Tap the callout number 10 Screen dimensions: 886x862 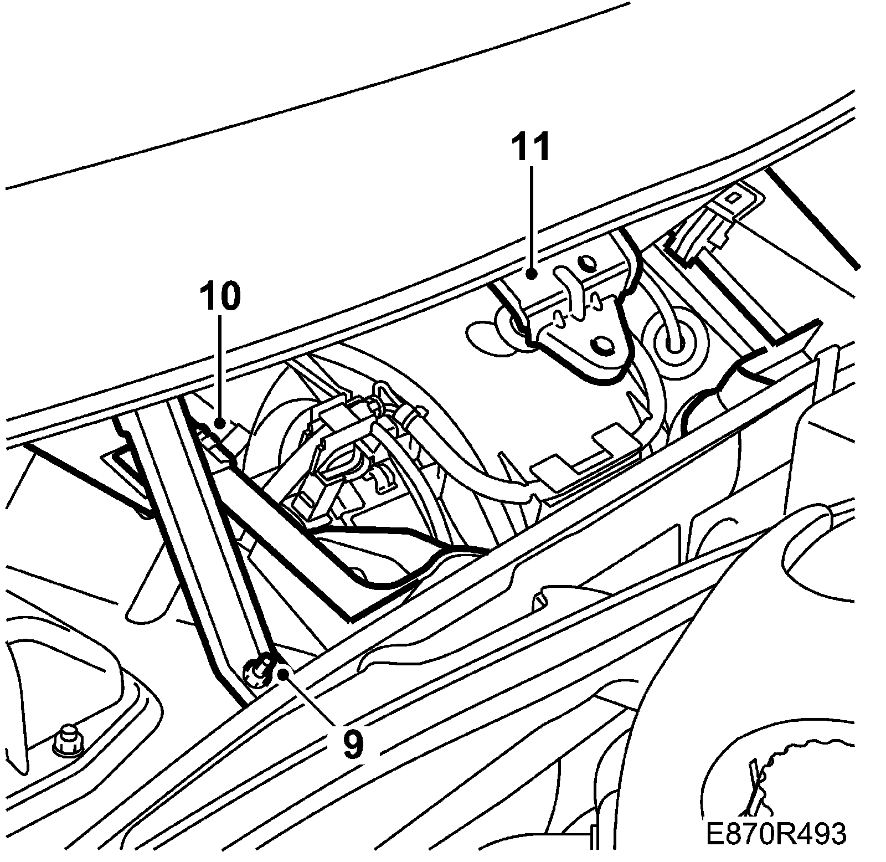(x=221, y=296)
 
